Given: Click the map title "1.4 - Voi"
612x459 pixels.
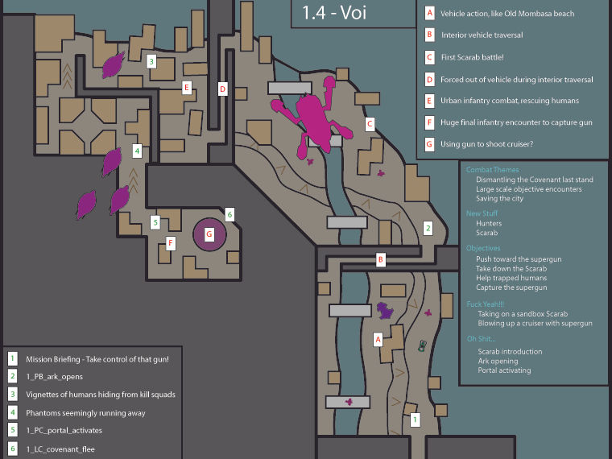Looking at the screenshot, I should tap(334, 13).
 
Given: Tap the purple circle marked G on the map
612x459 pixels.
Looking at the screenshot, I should tap(209, 234).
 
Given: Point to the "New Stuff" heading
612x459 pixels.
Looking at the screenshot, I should tap(483, 213).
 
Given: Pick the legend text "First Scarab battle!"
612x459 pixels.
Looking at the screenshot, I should tap(473, 58).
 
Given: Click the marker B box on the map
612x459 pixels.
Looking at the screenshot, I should tap(382, 259).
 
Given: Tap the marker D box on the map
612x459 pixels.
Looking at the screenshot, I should tap(223, 89).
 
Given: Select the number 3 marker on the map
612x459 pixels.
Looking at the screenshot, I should tap(151, 60).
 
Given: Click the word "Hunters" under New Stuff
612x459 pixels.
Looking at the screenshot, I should tap(488, 223).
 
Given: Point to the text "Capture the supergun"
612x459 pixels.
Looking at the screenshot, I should tap(511, 287).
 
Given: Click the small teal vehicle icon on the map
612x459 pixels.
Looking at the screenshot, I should tap(423, 345).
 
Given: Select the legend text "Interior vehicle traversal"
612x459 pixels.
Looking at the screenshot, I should tap(482, 35).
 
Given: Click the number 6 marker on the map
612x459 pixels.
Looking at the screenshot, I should tap(229, 214).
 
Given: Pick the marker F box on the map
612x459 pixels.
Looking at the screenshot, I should tap(171, 242).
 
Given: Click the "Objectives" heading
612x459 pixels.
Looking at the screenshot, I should tap(483, 248).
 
